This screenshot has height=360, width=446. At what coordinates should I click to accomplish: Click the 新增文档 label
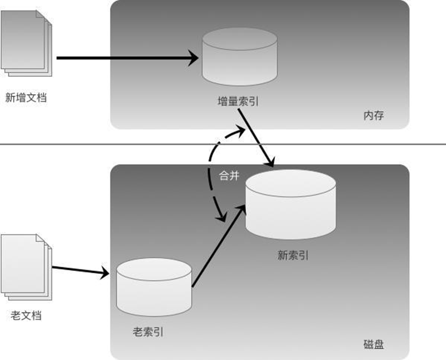point(25,98)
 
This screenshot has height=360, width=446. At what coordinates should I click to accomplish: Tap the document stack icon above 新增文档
point(27,42)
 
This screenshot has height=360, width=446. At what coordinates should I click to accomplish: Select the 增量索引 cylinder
point(239,57)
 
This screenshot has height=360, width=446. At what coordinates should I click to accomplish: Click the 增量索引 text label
point(238,102)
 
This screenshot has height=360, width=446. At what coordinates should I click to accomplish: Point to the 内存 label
point(373,115)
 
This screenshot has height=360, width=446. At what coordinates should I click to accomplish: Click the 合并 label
point(229,176)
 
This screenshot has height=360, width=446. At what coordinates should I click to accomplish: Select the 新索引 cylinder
point(290,207)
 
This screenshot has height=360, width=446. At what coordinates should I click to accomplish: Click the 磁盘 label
point(374,344)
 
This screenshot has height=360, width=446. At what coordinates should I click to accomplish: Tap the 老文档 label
point(26,315)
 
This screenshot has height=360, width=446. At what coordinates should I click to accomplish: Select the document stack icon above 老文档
point(27,265)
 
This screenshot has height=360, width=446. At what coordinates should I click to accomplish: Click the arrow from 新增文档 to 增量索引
point(126,58)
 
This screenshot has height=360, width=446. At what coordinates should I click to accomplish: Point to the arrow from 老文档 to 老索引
point(80,271)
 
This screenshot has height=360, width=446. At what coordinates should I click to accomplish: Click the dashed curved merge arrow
point(209,172)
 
